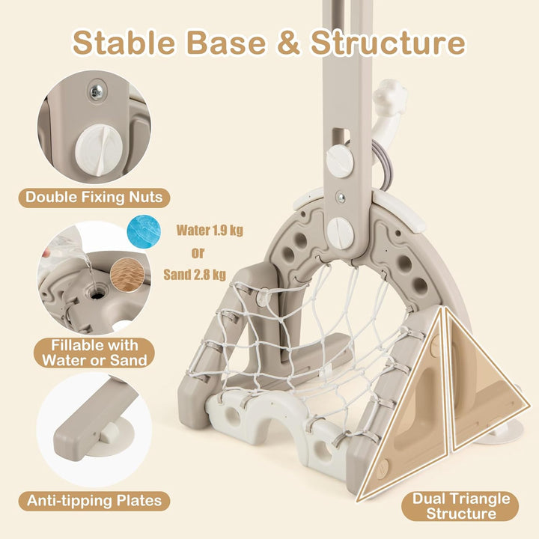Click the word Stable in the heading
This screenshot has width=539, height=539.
124,43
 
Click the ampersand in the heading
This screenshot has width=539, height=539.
289,43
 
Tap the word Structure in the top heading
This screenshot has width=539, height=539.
389,43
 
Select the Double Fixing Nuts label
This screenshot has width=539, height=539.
94,198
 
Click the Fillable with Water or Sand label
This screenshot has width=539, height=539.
94,353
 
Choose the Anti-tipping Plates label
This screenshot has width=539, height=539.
94,501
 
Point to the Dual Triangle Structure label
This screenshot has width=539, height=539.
461,506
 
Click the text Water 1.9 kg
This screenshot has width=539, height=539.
210,231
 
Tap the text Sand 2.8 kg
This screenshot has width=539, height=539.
195,275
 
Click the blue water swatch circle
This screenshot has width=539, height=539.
144,232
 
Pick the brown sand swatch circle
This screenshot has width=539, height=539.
127,275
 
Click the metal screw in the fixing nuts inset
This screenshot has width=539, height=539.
96,92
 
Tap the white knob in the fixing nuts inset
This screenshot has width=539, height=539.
99,150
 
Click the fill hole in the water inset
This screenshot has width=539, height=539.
97,293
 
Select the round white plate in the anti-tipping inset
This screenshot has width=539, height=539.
111,437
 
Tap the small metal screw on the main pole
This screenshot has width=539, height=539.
341,198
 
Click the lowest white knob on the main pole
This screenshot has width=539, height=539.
341,234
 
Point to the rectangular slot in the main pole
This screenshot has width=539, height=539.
341,138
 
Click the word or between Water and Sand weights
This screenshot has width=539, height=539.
198,253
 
